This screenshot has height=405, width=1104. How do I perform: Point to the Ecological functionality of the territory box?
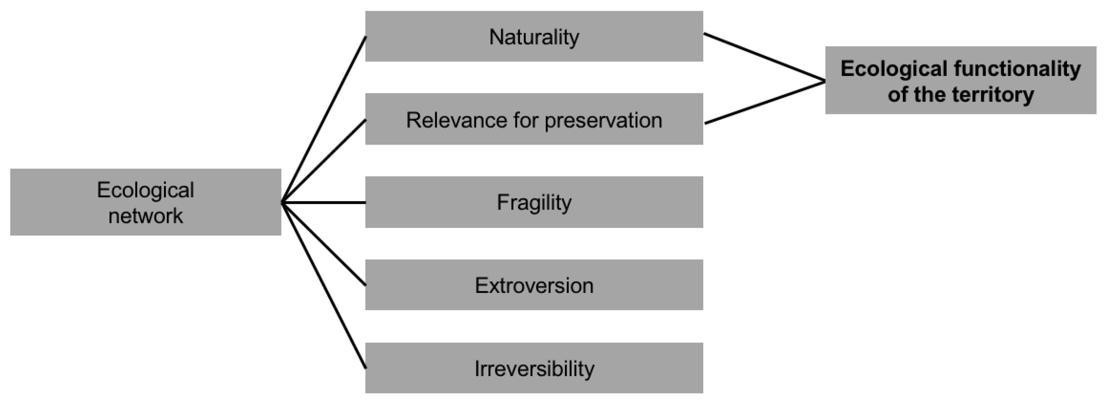coord(960,80)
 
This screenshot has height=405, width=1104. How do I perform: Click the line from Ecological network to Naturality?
coord(324,120)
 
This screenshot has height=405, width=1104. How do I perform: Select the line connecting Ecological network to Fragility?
coord(324,202)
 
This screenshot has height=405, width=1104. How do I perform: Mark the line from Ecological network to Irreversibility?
coord(324,285)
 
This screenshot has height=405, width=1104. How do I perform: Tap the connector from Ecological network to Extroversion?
coord(324,244)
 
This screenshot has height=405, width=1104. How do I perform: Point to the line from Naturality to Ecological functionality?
coord(764,57)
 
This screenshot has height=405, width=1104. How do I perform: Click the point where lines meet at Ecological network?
coord(282,202)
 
